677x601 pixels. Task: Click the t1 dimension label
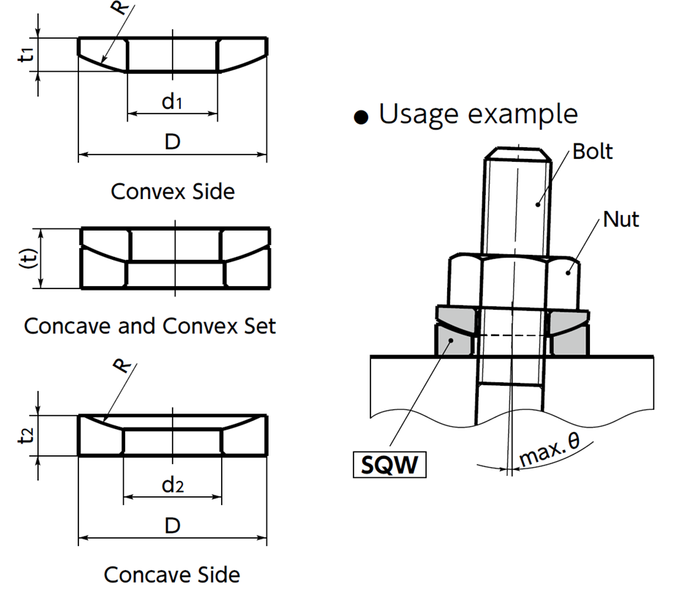[x=26, y=54]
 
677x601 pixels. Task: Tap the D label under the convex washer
[x=172, y=142]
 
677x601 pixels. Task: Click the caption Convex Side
[x=173, y=192]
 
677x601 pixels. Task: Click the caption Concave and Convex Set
[x=150, y=326]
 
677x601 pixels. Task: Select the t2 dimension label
[x=26, y=435]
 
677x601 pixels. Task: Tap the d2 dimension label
[x=172, y=485]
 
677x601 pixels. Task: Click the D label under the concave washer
[x=172, y=526]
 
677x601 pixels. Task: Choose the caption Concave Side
[x=171, y=575]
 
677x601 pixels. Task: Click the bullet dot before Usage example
[x=359, y=118]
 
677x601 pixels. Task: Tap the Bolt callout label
[x=592, y=152]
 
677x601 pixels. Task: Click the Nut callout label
[x=621, y=219]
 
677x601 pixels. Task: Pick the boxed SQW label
[x=389, y=465]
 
